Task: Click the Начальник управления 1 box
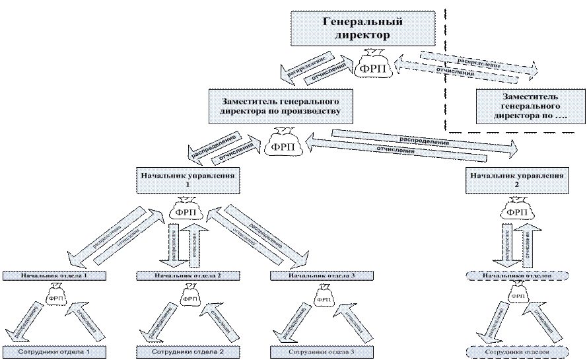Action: pos(186,180)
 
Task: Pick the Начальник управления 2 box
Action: pos(516,180)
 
